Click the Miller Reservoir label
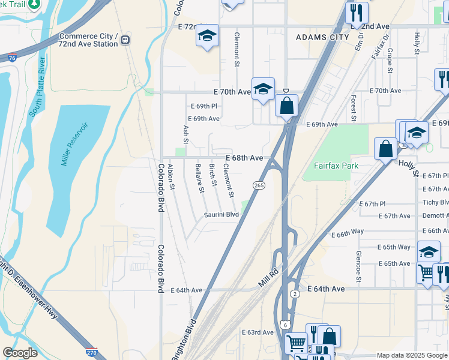(75, 144)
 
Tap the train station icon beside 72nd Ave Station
(125, 40)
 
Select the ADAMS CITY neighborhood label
(322, 37)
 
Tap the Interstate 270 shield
(91, 353)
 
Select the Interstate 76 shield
(12, 58)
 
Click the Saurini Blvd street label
(221, 214)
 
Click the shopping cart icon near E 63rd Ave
(296, 344)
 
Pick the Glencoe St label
(358, 266)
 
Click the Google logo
(20, 353)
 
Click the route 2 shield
(295, 293)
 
